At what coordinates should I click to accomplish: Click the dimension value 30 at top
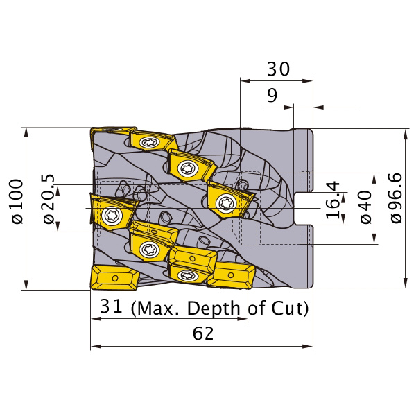(x=278, y=69)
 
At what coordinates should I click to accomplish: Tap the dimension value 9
(x=272, y=95)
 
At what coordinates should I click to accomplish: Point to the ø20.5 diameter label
(x=49, y=198)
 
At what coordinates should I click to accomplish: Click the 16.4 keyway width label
(x=333, y=200)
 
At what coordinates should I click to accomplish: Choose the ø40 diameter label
(x=366, y=207)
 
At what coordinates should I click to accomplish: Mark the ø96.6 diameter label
(x=397, y=198)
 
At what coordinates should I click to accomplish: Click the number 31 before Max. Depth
(x=111, y=306)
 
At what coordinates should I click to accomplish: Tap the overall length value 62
(x=203, y=333)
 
